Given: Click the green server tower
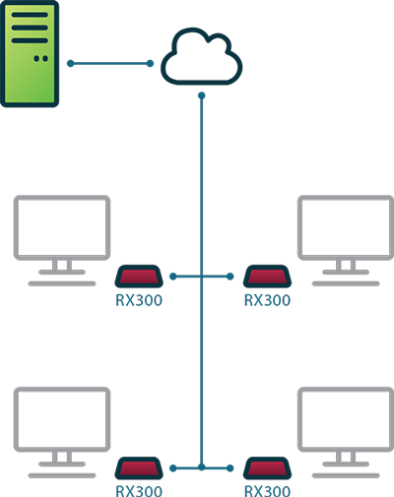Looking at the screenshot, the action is (x=30, y=54).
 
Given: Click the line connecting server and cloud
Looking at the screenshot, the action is (x=110, y=63).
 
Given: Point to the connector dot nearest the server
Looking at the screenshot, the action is (x=71, y=63).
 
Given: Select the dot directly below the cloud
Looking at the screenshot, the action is (x=202, y=95).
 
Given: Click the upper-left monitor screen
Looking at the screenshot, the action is (x=62, y=227).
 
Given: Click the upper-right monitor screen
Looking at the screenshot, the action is (x=346, y=227).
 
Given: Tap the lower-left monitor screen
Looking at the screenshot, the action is (x=62, y=419).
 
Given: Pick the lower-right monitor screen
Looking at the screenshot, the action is (x=346, y=419).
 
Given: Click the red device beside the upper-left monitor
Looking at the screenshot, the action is (x=139, y=277).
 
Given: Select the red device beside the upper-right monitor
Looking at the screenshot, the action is (x=267, y=277).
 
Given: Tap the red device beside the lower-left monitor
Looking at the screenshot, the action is (x=139, y=468).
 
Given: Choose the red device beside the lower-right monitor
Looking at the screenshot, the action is (x=267, y=468).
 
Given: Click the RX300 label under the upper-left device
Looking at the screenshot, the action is (x=139, y=300).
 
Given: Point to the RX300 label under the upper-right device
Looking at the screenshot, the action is (x=267, y=300).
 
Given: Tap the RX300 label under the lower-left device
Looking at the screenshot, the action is (x=139, y=491).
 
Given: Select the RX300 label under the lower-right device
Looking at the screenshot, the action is (x=267, y=491).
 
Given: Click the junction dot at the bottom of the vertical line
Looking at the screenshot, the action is (x=202, y=467).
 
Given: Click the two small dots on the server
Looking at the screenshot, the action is (x=41, y=58).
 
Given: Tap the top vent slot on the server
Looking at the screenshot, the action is (x=30, y=15).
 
